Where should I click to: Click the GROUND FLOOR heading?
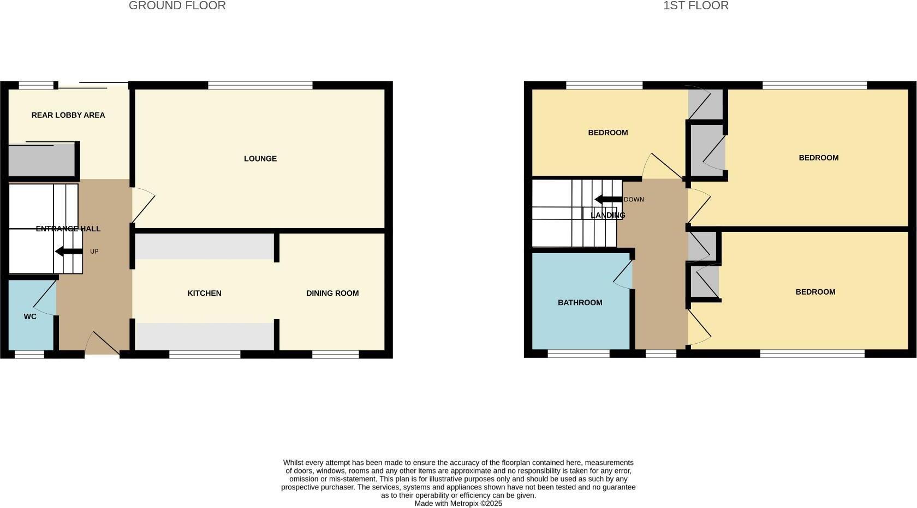[x=177, y=6]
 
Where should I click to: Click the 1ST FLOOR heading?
[x=695, y=6]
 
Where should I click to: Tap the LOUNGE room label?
[x=260, y=159]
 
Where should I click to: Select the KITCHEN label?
[x=204, y=294]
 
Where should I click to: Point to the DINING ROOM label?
[x=332, y=294]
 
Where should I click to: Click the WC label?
[x=30, y=316]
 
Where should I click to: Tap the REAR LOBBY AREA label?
[x=68, y=115]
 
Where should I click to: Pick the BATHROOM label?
[x=580, y=303]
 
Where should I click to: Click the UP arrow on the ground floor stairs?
[x=69, y=252]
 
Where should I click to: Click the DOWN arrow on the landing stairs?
[x=608, y=199]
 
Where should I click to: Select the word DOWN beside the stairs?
[x=634, y=200]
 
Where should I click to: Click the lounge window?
[x=260, y=85]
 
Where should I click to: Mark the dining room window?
[x=335, y=355]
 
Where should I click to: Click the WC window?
[x=29, y=355]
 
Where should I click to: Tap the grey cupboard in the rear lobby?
[x=41, y=160]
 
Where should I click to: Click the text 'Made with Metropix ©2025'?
[x=458, y=504]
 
